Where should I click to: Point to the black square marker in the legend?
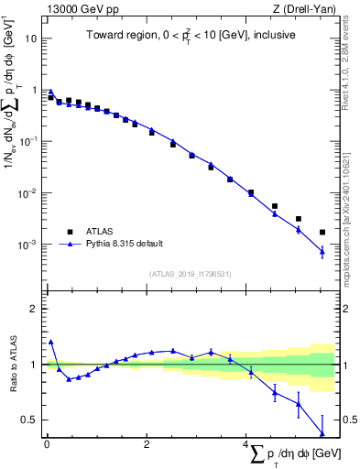69,231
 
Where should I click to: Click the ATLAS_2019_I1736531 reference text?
191,273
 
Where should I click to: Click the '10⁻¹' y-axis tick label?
29,142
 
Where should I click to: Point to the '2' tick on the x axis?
147,444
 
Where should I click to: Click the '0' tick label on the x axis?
47,444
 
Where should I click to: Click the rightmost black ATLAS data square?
322,233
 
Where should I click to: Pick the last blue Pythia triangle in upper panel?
322,251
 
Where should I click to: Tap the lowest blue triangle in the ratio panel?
322,433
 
